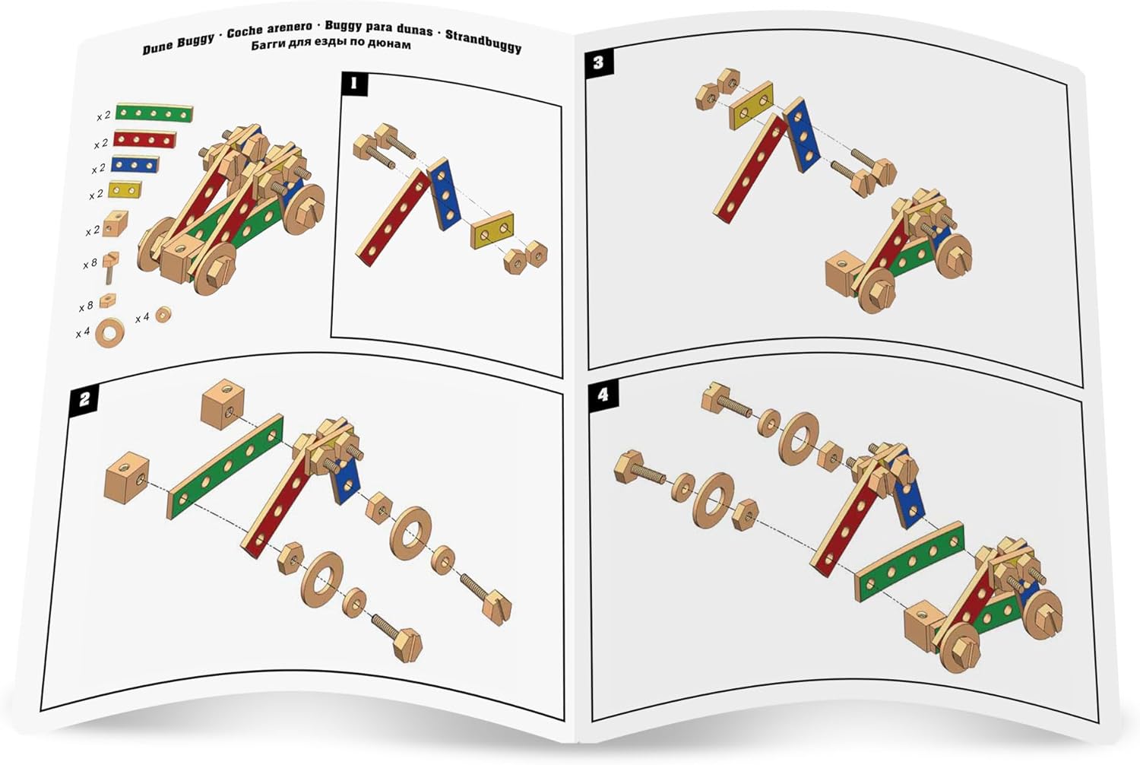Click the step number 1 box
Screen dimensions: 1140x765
click(355, 84)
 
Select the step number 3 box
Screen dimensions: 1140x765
click(599, 62)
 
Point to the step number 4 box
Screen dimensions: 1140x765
click(603, 395)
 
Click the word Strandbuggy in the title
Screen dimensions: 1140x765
click(483, 41)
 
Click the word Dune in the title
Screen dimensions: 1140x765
click(157, 48)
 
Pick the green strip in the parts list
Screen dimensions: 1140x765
click(154, 113)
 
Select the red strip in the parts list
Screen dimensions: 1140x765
click(144, 139)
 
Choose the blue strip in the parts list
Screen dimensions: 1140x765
click(135, 164)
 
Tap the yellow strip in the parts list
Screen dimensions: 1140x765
click(125, 190)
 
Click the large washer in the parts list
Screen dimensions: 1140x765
click(109, 332)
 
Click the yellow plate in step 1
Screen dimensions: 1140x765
click(492, 230)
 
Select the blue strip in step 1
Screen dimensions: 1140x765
click(444, 194)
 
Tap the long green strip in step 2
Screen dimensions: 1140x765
click(226, 467)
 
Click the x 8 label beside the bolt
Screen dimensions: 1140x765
click(90, 265)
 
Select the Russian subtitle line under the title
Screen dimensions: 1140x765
click(331, 44)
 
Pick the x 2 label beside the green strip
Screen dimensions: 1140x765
click(103, 116)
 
